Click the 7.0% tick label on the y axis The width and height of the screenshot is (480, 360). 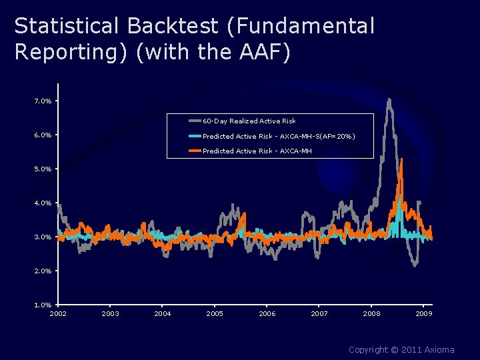[43, 101]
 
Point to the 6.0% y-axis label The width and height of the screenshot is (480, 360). [43, 135]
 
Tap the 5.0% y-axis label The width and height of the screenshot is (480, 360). [43, 169]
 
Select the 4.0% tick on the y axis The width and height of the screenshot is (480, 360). [43, 203]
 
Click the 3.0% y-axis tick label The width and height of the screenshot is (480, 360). [43, 237]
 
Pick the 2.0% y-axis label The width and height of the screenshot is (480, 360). [43, 271]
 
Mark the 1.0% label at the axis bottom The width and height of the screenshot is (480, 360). [43, 305]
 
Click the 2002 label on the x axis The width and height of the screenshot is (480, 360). [58, 313]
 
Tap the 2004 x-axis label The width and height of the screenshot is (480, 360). [163, 313]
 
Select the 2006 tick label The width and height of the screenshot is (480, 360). [267, 313]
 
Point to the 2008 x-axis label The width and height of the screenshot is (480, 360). [371, 313]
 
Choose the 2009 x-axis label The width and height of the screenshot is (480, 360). [424, 313]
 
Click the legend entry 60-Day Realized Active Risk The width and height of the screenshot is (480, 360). [249, 121]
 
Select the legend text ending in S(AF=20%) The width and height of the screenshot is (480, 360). [279, 136]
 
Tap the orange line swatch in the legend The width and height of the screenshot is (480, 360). [195, 151]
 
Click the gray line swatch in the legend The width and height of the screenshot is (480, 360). [195, 121]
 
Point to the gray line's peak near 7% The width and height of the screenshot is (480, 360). [389, 100]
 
